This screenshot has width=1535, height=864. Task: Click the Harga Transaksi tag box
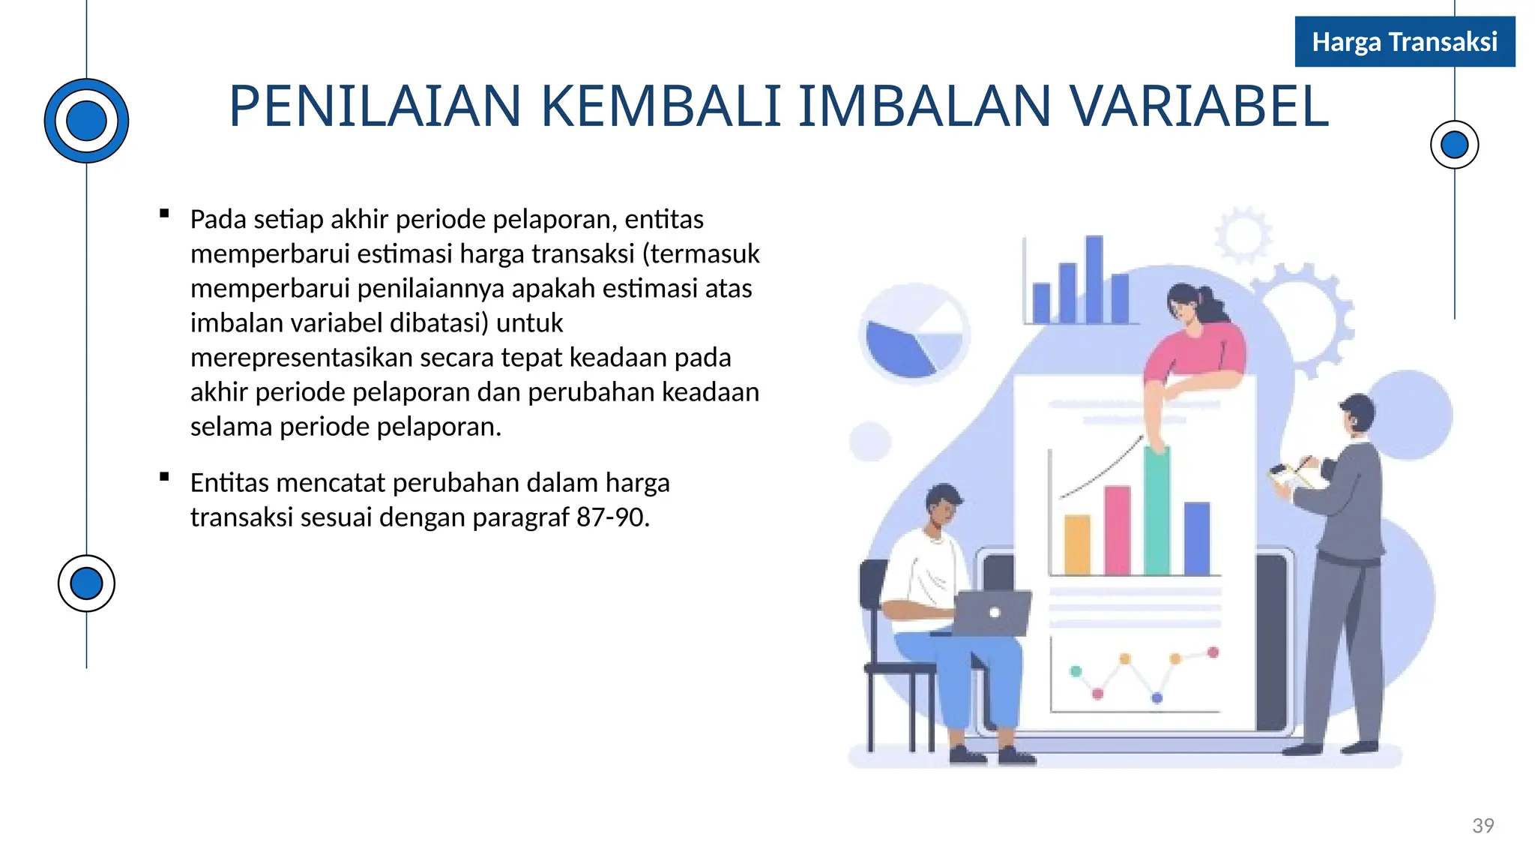point(1405,42)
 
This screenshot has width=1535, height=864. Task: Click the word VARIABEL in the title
point(1198,106)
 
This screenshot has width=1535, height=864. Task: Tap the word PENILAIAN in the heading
point(375,106)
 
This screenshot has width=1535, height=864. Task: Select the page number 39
point(1483,826)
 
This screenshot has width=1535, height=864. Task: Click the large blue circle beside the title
point(86,121)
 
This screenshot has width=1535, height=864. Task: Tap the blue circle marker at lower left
point(86,583)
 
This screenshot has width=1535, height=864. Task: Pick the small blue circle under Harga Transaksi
point(1454,145)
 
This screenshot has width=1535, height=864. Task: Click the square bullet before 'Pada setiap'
point(164,214)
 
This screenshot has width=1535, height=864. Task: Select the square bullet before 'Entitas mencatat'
point(164,477)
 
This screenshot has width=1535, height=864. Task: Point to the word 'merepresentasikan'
point(301,358)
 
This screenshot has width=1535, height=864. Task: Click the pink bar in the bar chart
point(1117,530)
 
